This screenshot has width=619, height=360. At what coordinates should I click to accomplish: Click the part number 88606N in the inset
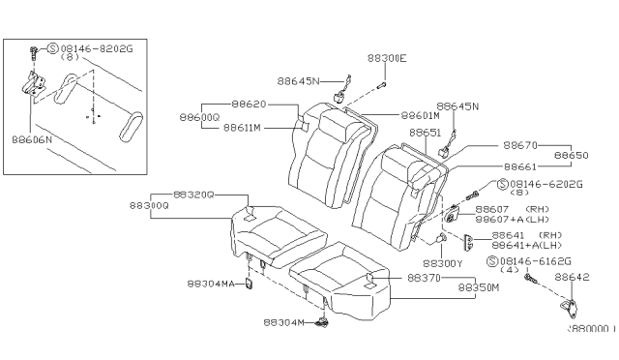33,139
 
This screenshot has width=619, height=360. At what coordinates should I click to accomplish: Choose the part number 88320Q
194,194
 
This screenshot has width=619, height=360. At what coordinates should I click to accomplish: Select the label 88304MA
211,285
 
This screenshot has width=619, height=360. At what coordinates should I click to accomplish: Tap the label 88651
425,132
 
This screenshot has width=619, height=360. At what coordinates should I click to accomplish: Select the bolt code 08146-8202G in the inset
76,46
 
